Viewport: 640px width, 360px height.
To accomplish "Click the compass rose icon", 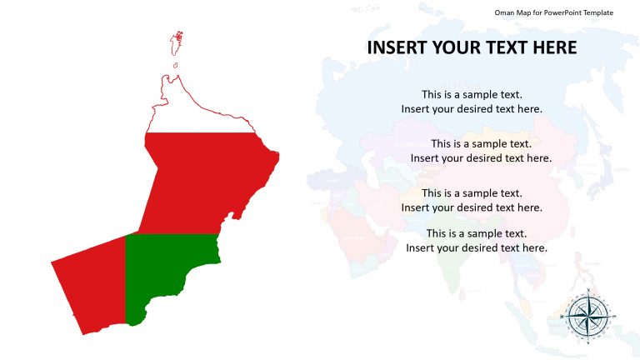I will pyautogui.click(x=588, y=315).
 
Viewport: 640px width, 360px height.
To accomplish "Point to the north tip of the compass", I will pyautogui.click(x=588, y=290).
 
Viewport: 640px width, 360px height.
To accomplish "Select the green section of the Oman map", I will pyautogui.click(x=167, y=271).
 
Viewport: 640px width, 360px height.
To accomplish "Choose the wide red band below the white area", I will pyautogui.click(x=208, y=179).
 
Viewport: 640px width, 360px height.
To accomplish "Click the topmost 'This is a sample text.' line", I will pyautogui.click(x=472, y=94).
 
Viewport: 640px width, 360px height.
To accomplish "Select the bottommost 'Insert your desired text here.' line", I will pyautogui.click(x=477, y=247).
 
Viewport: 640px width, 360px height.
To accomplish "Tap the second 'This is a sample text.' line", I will pyautogui.click(x=481, y=143).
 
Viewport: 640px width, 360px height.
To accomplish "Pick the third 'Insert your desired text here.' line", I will pyautogui.click(x=472, y=207).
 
